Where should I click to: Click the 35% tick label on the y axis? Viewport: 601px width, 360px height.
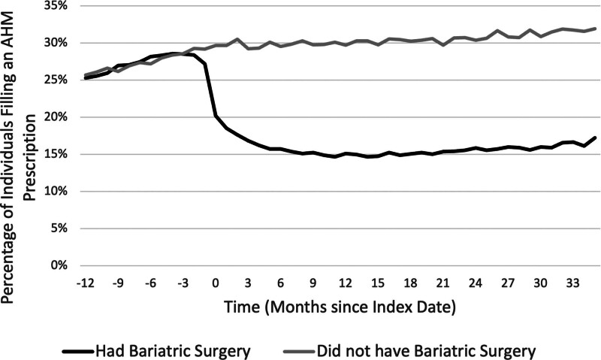pos(57,6)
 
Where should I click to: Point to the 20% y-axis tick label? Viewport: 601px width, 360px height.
pos(57,117)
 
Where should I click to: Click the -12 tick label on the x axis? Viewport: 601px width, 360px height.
pos(86,283)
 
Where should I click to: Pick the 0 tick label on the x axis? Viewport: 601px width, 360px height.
pos(216,283)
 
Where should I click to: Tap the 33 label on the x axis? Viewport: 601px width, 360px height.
pos(572,283)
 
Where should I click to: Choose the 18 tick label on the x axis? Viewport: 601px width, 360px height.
pos(410,283)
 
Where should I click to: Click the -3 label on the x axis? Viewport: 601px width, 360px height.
pos(183,283)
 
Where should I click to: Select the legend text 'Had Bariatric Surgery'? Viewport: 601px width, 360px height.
pos(173,351)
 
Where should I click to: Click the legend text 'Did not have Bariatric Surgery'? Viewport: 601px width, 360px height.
pos(426,351)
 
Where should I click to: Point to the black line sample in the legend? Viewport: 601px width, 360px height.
pos(78,352)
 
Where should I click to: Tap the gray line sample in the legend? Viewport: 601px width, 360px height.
pos(299,352)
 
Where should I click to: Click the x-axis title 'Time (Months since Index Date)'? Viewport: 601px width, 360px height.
pos(340,307)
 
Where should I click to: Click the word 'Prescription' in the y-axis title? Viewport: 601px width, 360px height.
pos(29,157)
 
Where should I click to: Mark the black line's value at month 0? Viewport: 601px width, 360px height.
pos(216,116)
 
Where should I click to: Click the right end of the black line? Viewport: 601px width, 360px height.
pos(595,138)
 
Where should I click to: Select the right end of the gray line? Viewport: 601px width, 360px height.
pos(595,28)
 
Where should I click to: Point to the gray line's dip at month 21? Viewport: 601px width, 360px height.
pos(442,45)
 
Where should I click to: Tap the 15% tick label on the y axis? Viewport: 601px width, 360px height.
pos(57,155)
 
